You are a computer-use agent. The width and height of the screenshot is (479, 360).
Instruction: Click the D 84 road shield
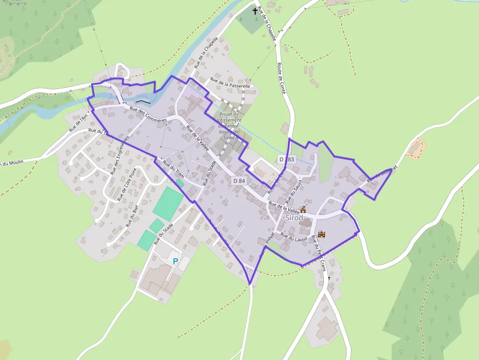pos(239,181)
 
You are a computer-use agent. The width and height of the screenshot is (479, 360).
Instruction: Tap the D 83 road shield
pos(287,159)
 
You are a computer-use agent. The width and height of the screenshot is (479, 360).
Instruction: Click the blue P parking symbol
pos(175,261)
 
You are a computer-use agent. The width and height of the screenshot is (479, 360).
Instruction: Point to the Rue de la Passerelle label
pos(230,83)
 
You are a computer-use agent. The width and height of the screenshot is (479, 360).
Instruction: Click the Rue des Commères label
pos(149,114)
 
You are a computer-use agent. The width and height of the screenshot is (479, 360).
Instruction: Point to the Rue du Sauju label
pos(292,191)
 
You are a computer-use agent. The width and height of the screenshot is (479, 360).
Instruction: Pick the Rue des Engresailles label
pos(119,155)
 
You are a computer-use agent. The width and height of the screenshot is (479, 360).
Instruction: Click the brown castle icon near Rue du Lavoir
pos(322,234)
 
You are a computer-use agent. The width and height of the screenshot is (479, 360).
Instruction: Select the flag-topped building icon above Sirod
pos(303,209)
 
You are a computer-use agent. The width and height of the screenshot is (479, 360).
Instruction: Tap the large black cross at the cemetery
pos(255,10)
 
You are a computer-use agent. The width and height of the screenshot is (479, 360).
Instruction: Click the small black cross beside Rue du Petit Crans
pos(329,278)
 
